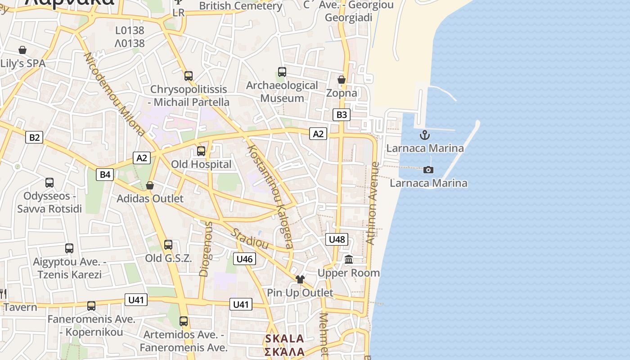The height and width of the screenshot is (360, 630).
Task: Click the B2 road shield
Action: [x=34, y=137]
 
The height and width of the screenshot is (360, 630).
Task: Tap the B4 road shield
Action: [x=104, y=174]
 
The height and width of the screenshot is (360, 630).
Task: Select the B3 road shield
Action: [x=342, y=115]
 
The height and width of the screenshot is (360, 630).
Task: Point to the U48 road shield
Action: [x=337, y=239]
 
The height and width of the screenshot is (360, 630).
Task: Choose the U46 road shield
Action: [x=244, y=259]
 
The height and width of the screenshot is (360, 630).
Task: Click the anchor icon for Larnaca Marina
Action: [x=424, y=135]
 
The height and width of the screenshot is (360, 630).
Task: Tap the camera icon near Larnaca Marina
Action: [x=428, y=170]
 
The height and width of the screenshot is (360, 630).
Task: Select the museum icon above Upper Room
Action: [x=349, y=260]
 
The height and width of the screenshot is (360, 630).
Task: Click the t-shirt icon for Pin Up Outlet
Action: [x=300, y=279]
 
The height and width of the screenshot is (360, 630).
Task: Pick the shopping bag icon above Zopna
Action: [x=341, y=80]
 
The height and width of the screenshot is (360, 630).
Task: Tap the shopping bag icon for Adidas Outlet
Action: [x=150, y=185]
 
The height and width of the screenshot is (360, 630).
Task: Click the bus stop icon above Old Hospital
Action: [x=201, y=151]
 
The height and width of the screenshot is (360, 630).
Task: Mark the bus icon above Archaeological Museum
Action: [x=282, y=72]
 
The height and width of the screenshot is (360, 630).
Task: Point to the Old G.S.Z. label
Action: [x=168, y=258]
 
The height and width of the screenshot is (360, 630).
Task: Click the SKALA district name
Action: [x=284, y=339]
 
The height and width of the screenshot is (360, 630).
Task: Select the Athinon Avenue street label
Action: [x=373, y=203]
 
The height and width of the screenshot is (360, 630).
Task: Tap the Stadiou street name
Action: [x=250, y=239]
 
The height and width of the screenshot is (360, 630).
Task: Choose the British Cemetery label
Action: [x=241, y=6]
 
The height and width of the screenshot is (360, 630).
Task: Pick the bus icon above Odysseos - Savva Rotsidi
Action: [x=49, y=183]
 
